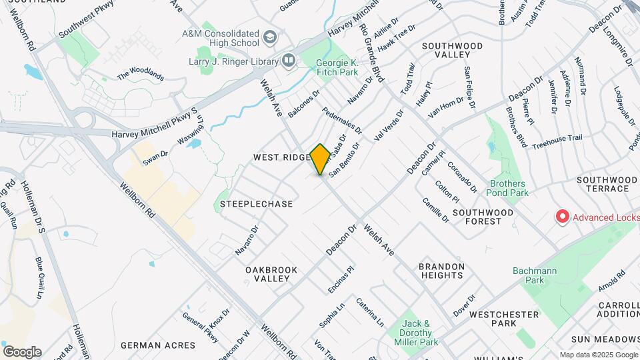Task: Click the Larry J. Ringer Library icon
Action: click(x=289, y=61)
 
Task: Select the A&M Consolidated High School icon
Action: click(x=269, y=36)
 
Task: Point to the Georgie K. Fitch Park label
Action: click(x=336, y=67)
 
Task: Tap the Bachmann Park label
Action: click(x=528, y=275)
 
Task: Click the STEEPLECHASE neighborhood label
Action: click(x=256, y=204)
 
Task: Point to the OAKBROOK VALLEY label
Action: click(x=271, y=275)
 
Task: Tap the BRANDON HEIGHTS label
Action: click(x=441, y=271)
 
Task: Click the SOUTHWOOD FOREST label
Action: click(x=483, y=217)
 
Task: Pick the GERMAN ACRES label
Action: click(x=158, y=345)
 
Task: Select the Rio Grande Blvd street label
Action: click(x=371, y=53)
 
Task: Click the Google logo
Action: click(x=21, y=351)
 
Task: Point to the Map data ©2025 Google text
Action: click(x=598, y=355)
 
